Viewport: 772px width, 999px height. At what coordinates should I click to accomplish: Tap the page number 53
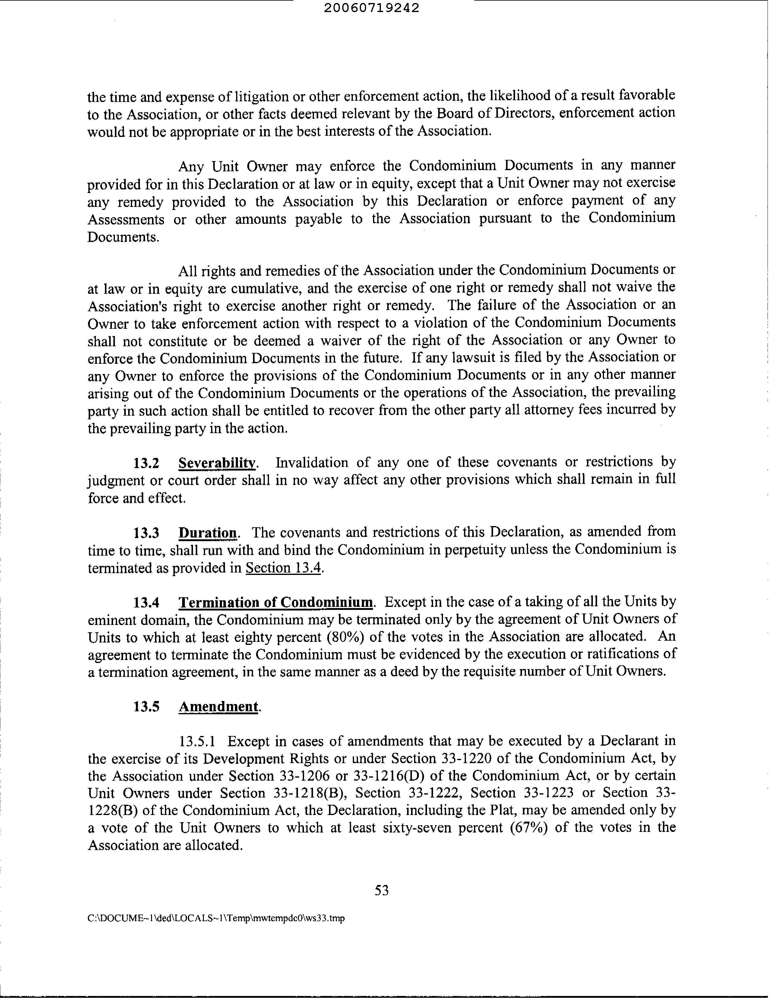(x=381, y=890)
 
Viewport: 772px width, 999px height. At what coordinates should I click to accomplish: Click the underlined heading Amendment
(x=218, y=707)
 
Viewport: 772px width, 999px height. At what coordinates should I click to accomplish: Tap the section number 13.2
(x=146, y=463)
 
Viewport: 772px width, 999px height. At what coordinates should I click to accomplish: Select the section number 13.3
(x=146, y=533)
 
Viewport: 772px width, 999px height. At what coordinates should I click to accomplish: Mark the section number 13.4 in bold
(x=146, y=602)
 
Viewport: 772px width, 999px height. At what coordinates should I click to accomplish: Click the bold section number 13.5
(x=146, y=707)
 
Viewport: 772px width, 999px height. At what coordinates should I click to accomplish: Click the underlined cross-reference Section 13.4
(x=283, y=568)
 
